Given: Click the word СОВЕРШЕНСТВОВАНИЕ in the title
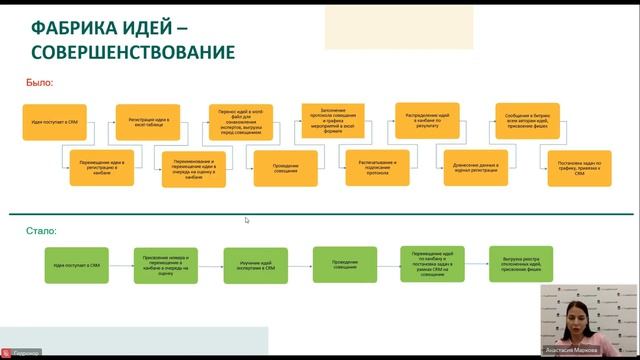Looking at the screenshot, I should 134,51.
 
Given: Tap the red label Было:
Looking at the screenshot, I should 40,83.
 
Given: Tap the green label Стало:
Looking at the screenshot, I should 42,231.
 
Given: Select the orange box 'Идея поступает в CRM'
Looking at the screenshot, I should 55,122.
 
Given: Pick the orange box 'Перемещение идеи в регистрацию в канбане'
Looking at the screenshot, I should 101,168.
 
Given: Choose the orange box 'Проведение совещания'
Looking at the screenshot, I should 286,168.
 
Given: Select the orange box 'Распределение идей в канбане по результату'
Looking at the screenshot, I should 427,121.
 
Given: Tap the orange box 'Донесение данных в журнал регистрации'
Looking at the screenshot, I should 469,168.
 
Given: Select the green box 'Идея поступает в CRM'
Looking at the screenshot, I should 77,266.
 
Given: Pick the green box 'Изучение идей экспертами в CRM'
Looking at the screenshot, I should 256,266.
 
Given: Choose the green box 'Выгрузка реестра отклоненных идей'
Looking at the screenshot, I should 521,264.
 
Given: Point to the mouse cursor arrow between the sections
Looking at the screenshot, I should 247,220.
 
